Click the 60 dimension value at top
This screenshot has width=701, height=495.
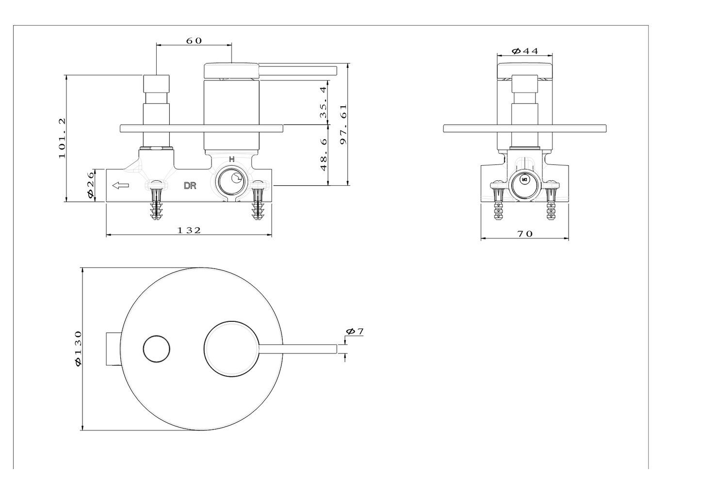click(194, 41)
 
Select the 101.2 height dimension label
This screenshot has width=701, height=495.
click(63, 138)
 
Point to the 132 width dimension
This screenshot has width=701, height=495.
click(189, 230)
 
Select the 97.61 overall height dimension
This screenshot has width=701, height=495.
click(344, 125)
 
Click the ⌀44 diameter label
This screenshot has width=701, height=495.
click(525, 51)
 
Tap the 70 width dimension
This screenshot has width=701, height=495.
click(525, 234)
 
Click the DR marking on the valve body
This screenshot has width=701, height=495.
click(190, 186)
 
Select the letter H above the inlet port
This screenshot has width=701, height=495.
click(231, 159)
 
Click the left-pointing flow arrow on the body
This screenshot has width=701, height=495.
click(120, 185)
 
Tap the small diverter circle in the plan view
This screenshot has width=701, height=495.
click(157, 349)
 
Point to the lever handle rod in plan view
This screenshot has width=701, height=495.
click(298, 349)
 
